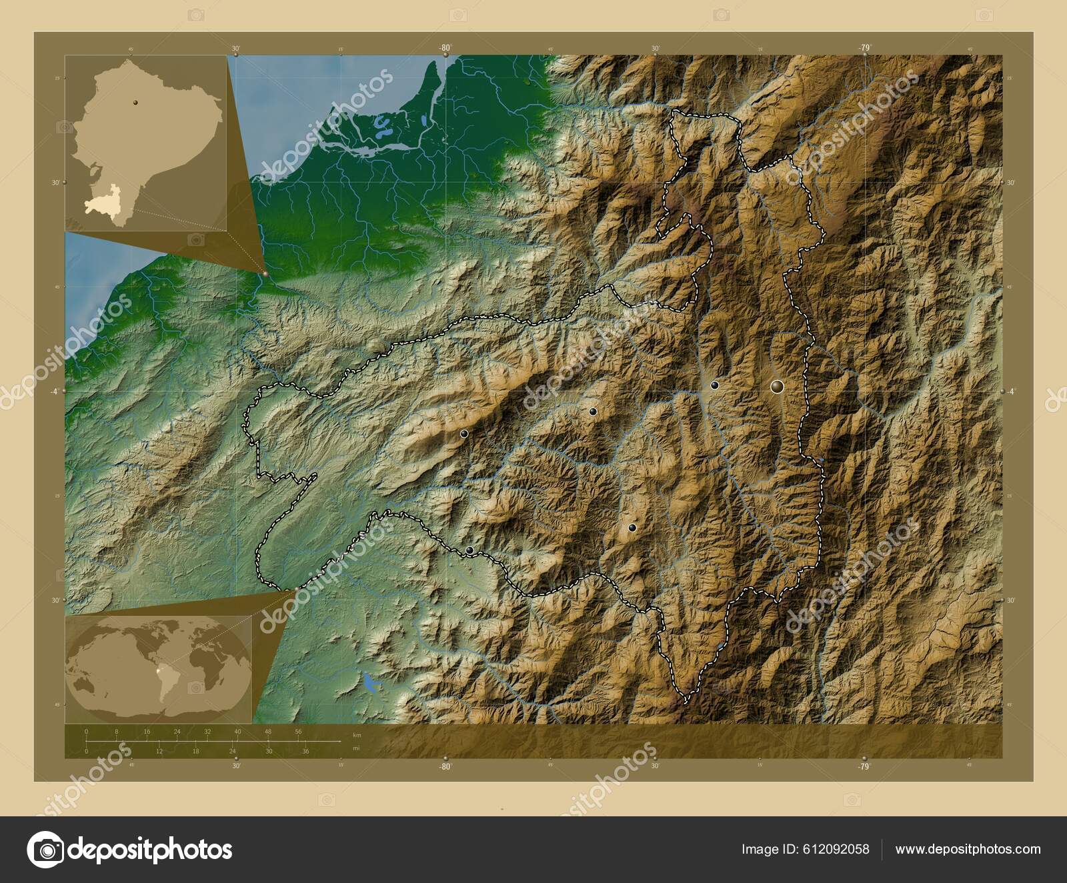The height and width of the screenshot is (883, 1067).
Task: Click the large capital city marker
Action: click(776, 386)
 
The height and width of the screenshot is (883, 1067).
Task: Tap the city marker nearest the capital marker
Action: click(714, 385)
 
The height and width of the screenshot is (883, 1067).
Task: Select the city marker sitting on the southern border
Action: click(469, 550)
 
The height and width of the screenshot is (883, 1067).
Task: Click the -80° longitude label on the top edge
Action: click(445, 48)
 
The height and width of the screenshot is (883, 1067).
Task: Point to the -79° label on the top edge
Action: click(864, 48)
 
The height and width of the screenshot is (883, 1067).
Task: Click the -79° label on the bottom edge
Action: click(864, 767)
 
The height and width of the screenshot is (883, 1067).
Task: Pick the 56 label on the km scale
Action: click(298, 732)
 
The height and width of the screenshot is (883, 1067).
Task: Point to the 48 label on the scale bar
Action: click(268, 732)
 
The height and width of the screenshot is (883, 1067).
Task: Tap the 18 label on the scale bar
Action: click(196, 752)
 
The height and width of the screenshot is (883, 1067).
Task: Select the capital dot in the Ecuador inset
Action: click(135, 102)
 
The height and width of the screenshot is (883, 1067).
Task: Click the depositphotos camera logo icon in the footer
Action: click(45, 849)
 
